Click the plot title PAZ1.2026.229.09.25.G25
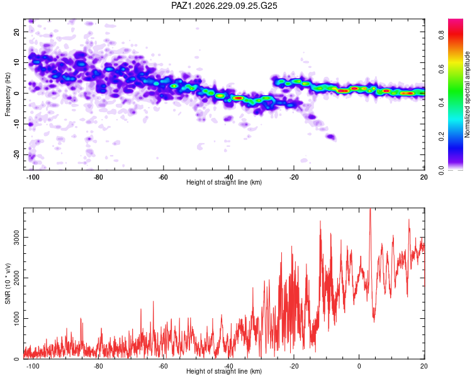click(224, 6)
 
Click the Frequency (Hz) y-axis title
click(8, 94)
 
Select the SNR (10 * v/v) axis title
click(8, 283)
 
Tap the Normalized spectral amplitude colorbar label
click(467, 94)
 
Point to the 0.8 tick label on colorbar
click(441, 35)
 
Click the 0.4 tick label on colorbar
click(441, 103)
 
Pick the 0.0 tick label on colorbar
click(441, 170)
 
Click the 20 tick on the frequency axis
click(16, 31)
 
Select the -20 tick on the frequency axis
click(16, 155)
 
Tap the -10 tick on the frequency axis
click(16, 124)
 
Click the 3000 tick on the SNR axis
click(16, 238)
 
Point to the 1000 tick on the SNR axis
click(16, 318)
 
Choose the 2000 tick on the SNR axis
click(16, 278)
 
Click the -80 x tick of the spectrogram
click(98, 177)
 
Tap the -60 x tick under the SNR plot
click(163, 366)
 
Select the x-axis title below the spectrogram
click(224, 182)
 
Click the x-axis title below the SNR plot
click(224, 371)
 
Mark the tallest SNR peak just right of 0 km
click(370, 209)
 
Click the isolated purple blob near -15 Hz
click(331, 137)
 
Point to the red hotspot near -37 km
click(239, 98)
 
